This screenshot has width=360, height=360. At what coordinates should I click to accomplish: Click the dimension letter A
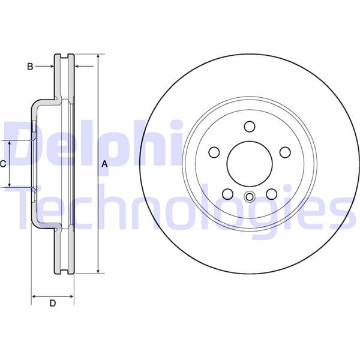pos(104,163)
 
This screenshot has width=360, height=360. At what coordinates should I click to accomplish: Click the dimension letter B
pos(30,67)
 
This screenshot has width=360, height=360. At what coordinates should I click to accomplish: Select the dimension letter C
pos(3,163)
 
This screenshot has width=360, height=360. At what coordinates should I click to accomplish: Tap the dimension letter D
pos(52,304)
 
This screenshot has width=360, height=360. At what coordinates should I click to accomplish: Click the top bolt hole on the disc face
pos(250,126)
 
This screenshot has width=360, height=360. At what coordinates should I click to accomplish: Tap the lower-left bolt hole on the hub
pos(228,193)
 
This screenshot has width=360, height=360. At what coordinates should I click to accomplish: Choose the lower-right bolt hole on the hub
pos(271,193)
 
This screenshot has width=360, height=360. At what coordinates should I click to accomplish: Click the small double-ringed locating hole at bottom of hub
pos(250,196)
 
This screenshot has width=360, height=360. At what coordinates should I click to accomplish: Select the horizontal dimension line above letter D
pos(52,296)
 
